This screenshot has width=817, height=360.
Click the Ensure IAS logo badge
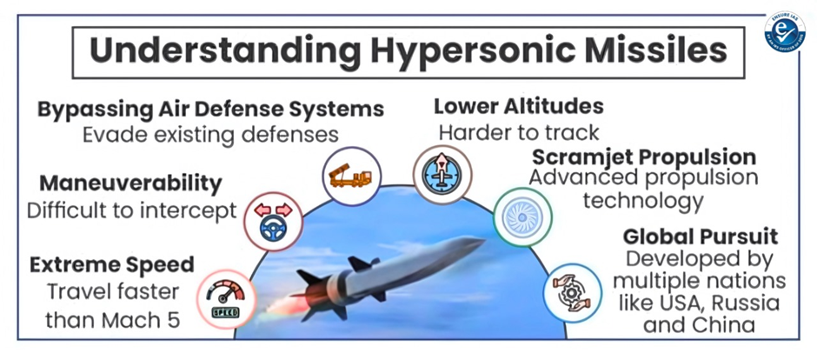[785, 32]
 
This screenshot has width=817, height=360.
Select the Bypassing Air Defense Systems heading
[211, 110]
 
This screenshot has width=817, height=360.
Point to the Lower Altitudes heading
[518, 106]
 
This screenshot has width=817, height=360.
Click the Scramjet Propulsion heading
[644, 157]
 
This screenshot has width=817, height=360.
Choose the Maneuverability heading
[131, 183]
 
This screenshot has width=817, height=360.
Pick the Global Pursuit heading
[701, 237]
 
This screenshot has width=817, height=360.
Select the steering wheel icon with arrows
[273, 222]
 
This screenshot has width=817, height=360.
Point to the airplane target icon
[442, 175]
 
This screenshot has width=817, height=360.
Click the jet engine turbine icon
[522, 217]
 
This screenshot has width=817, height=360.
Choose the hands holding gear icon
[573, 293]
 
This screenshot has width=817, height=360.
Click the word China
[726, 324]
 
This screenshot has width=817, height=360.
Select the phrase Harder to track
[519, 132]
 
